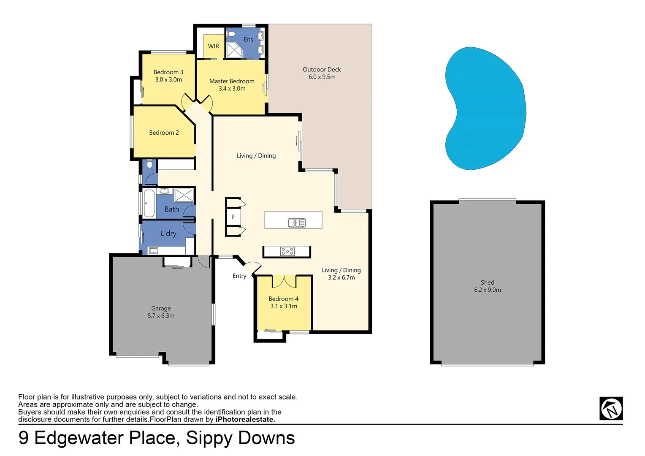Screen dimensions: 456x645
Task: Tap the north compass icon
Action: [611, 408]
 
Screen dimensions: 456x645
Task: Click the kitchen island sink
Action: [297, 223]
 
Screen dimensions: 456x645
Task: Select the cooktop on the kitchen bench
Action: [287, 252]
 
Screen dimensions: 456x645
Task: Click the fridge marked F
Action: [233, 217]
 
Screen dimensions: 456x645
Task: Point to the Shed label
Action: [487, 282]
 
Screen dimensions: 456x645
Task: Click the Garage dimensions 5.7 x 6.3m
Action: [161, 316]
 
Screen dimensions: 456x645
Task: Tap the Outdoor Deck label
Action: [322, 70]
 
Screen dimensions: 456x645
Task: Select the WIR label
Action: [214, 46]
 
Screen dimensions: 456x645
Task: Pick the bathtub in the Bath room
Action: [149, 203]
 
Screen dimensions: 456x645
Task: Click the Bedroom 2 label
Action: [164, 133]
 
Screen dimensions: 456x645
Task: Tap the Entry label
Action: [239, 276]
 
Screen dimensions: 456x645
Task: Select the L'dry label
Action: [168, 233]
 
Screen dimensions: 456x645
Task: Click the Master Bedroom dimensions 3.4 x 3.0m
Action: [232, 89]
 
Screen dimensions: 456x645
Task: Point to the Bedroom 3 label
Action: [168, 72]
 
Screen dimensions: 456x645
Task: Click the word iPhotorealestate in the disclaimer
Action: [245, 419]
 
